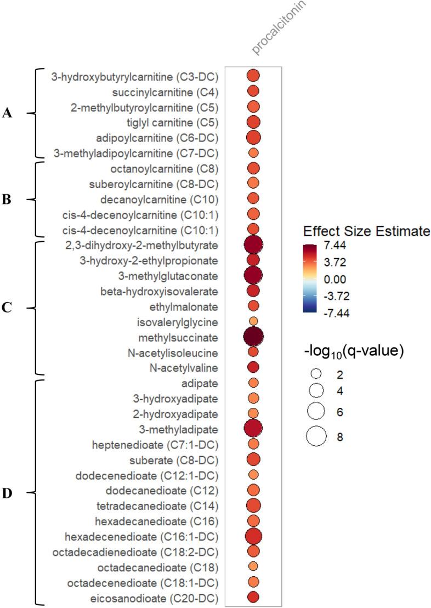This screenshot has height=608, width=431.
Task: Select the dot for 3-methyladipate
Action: (x=253, y=428)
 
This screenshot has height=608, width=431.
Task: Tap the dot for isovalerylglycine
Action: (x=253, y=321)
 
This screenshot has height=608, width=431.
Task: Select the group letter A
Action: (x=7, y=113)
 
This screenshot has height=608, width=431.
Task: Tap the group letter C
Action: (x=7, y=308)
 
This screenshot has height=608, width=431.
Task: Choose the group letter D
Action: (x=7, y=493)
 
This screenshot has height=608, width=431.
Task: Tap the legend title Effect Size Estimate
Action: (x=366, y=232)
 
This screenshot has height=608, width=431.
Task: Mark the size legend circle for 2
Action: (x=316, y=373)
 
